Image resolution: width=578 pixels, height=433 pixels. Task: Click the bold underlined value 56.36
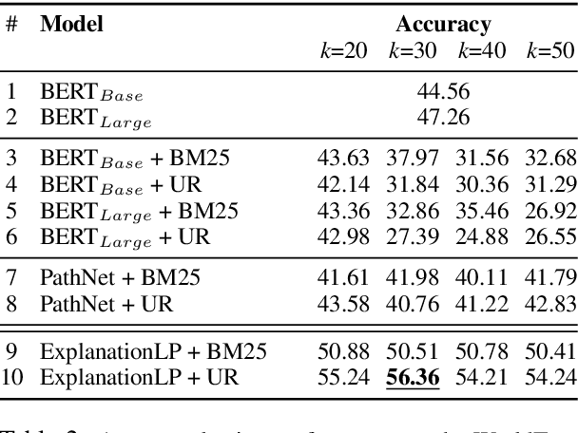pos(414,379)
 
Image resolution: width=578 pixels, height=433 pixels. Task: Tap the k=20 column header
pos(343,50)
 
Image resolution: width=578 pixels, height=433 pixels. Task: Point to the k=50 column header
pos(550,50)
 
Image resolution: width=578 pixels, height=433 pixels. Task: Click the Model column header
pos(71,24)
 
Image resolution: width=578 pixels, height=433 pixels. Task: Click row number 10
pos(15,379)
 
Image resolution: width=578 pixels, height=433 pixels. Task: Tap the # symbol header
pos(11,24)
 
